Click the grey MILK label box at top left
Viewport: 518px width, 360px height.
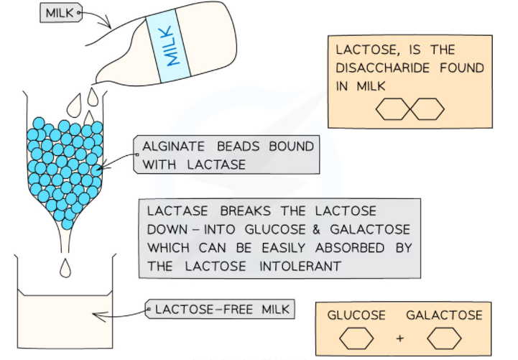point(59,13)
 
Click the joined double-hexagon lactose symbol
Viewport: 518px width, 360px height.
point(410,109)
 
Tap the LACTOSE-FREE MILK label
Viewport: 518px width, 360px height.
point(221,310)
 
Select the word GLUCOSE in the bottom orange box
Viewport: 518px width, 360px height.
point(356,315)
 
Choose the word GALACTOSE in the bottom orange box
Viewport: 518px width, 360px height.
point(444,315)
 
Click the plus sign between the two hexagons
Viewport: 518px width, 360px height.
point(400,338)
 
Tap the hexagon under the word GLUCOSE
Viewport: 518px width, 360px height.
point(357,338)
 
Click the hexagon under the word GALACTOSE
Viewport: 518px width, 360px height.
point(443,338)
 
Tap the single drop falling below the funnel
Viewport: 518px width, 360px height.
point(66,267)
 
